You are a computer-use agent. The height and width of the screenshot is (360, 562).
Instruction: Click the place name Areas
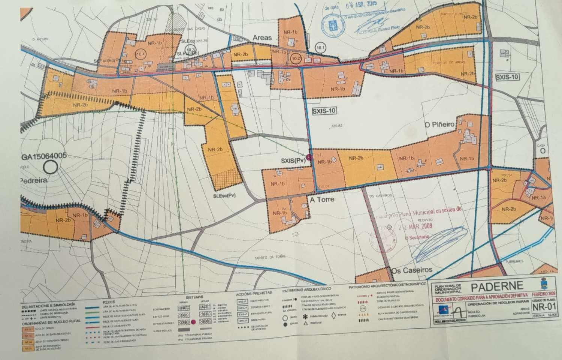pyautogui.click(x=263, y=38)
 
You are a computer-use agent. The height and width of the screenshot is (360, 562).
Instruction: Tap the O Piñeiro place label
pyautogui.click(x=439, y=124)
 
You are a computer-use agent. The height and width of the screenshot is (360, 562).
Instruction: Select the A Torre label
pyautogui.click(x=322, y=200)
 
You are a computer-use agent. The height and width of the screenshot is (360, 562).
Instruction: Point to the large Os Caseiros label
pyautogui.click(x=412, y=270)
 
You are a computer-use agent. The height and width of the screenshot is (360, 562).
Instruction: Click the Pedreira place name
pyautogui.click(x=34, y=180)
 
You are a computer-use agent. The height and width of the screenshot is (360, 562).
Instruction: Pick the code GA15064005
pyautogui.click(x=44, y=156)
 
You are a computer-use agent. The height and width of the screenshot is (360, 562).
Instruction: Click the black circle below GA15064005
pyautogui.click(x=52, y=167)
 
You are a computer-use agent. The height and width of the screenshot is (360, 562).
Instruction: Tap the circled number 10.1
pyautogui.click(x=321, y=48)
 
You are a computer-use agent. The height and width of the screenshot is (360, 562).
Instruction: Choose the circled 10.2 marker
pyautogui.click(x=296, y=58)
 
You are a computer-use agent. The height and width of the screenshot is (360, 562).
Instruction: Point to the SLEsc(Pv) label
pyautogui.click(x=224, y=195)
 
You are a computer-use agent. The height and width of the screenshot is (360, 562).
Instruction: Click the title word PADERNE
pyautogui.click(x=496, y=287)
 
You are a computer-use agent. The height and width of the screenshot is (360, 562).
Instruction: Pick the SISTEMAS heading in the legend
pyautogui.click(x=194, y=297)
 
